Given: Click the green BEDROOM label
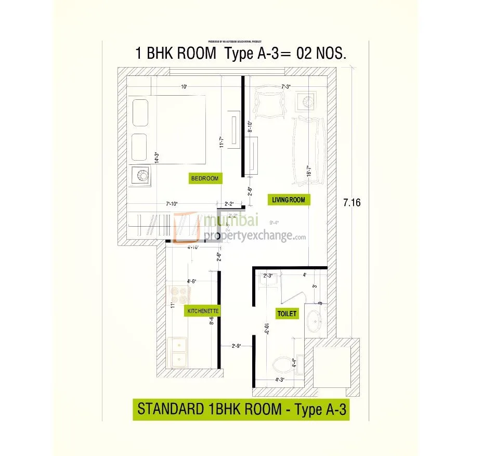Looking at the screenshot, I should (205, 178).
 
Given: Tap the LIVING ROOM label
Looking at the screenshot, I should (288, 200).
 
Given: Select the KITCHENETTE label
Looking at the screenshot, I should (203, 311).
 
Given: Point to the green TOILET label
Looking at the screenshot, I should (286, 314).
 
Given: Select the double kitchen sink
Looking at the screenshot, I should (178, 353).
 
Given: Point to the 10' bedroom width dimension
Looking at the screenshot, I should (184, 86).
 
